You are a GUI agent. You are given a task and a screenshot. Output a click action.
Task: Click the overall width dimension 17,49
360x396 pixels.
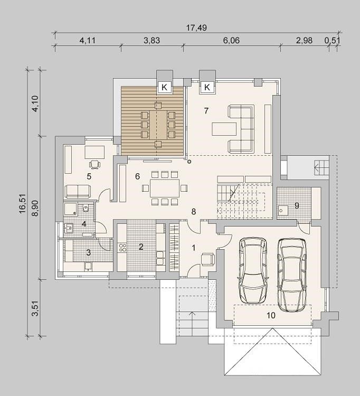click(x=196, y=27)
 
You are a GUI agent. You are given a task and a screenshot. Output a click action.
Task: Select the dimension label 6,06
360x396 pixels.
click(x=231, y=41)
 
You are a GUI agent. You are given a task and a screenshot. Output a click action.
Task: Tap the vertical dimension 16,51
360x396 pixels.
click(x=23, y=204)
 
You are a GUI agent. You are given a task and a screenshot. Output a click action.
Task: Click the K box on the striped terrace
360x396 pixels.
click(x=164, y=87)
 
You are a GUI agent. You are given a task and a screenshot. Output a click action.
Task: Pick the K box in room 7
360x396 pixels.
click(x=207, y=87)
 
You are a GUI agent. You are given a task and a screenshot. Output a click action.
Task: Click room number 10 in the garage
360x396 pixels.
click(x=271, y=315)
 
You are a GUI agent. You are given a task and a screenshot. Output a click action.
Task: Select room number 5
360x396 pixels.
click(x=89, y=176)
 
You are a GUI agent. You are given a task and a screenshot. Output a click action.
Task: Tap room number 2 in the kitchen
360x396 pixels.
click(x=141, y=247)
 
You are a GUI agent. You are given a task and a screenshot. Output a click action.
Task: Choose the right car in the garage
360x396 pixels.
click(x=292, y=275)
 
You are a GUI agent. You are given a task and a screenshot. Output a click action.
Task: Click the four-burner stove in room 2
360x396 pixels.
click(x=122, y=247)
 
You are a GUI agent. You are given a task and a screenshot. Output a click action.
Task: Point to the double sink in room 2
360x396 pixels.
click(x=160, y=258)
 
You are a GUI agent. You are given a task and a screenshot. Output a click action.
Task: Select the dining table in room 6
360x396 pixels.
click(x=165, y=188)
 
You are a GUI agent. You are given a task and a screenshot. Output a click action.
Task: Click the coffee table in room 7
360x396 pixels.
click(x=224, y=129)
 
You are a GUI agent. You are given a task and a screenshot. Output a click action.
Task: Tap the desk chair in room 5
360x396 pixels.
click(x=94, y=164)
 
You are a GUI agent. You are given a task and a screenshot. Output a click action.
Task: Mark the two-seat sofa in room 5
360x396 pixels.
click(x=78, y=192)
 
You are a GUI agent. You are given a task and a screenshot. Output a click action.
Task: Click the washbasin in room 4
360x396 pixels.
click(x=69, y=228)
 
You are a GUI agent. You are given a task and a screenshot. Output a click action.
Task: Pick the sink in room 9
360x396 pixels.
click(x=283, y=210)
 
